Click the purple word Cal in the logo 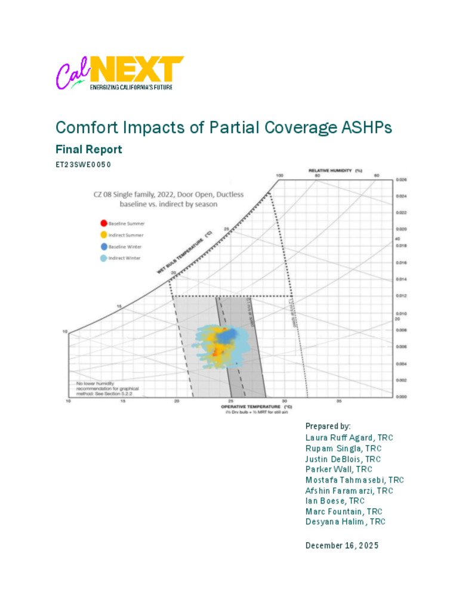click(70, 75)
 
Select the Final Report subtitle click(88, 149)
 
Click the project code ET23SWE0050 click(84, 164)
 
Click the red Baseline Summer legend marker click(102, 223)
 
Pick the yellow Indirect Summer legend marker click(102, 235)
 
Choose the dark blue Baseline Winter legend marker click(102, 246)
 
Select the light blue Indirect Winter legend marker click(102, 257)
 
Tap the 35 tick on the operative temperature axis click(338, 402)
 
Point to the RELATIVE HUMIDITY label click(335, 170)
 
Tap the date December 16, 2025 click(341, 545)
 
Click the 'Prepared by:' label click(328, 427)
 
